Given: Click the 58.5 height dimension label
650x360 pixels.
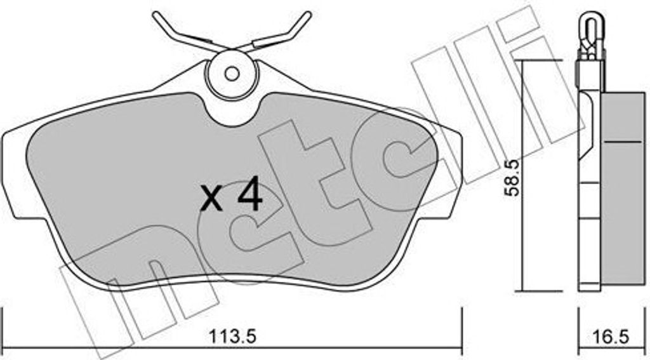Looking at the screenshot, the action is click(512, 178).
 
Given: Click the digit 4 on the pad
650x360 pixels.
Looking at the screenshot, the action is click(249, 193).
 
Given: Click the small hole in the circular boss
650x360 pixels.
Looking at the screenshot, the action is click(232, 74).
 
